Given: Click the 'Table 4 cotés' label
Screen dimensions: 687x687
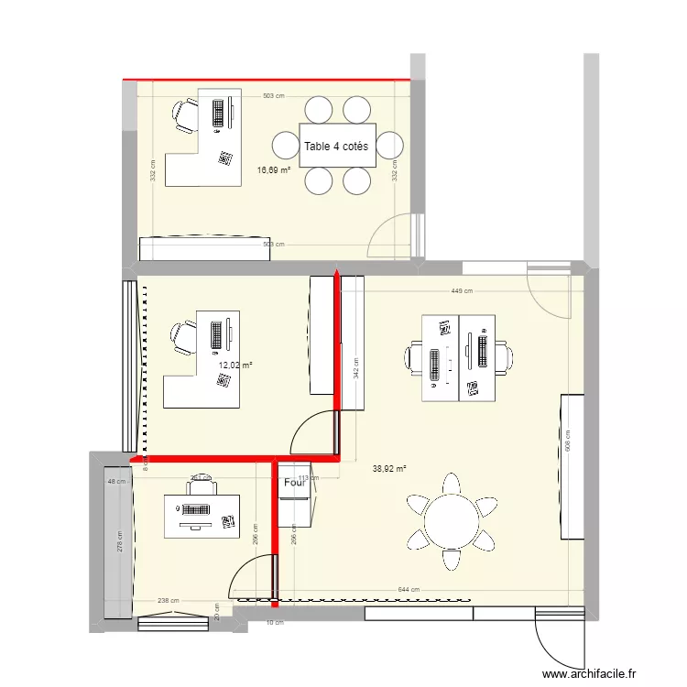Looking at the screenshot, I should [x=336, y=147].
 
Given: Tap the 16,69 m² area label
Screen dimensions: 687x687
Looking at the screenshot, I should [x=273, y=169].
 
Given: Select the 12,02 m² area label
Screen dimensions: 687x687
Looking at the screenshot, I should [x=234, y=365].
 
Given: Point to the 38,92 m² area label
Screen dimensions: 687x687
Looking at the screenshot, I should [x=389, y=468].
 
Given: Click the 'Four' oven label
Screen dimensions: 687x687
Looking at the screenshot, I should [x=294, y=483].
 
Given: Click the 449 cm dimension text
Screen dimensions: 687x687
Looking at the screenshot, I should [x=462, y=291].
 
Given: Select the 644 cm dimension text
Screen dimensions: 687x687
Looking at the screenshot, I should [x=409, y=590].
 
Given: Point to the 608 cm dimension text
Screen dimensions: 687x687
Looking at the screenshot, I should [x=569, y=444].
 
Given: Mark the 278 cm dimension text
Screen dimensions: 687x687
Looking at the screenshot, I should [x=118, y=542].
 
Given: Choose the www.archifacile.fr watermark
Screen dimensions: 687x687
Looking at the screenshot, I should [x=589, y=675].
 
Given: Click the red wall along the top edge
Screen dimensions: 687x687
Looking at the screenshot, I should [x=266, y=81].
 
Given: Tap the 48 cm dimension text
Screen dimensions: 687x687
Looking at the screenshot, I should [x=116, y=482].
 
